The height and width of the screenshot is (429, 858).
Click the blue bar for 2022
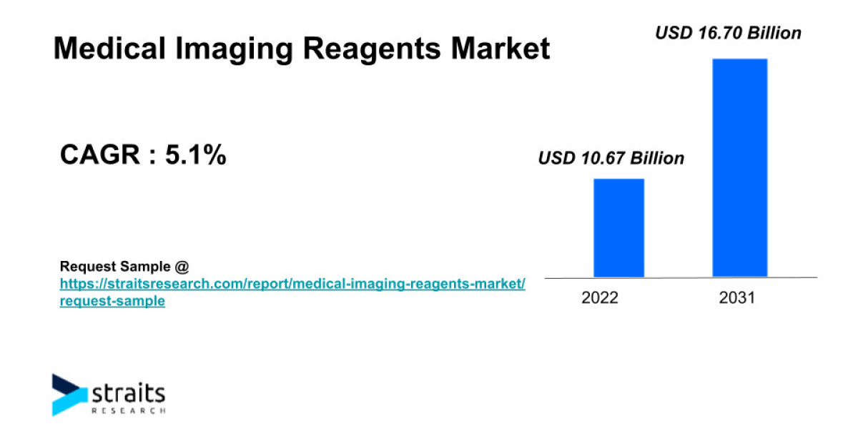pyautogui.click(x=618, y=227)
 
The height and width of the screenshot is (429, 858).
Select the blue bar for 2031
pyautogui.click(x=739, y=167)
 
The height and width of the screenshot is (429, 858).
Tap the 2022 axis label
pyautogui.click(x=599, y=298)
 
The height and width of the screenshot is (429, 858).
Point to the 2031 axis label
pyautogui.click(x=736, y=298)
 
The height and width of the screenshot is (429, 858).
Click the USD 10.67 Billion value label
pyautogui.click(x=611, y=158)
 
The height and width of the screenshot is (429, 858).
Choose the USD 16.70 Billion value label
pyautogui.click(x=729, y=33)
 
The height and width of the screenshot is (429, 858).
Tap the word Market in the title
pyautogui.click(x=500, y=49)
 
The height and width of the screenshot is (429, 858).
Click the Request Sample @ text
pyautogui.click(x=124, y=267)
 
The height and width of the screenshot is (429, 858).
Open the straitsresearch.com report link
pyautogui.click(x=292, y=285)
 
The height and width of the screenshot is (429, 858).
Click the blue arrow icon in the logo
pyautogui.click(x=69, y=394)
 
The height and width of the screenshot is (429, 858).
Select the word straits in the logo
pyautogui.click(x=129, y=393)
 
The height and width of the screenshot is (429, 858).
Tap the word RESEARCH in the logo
pyautogui.click(x=129, y=411)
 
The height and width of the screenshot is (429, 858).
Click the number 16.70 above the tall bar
pyautogui.click(x=729, y=33)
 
